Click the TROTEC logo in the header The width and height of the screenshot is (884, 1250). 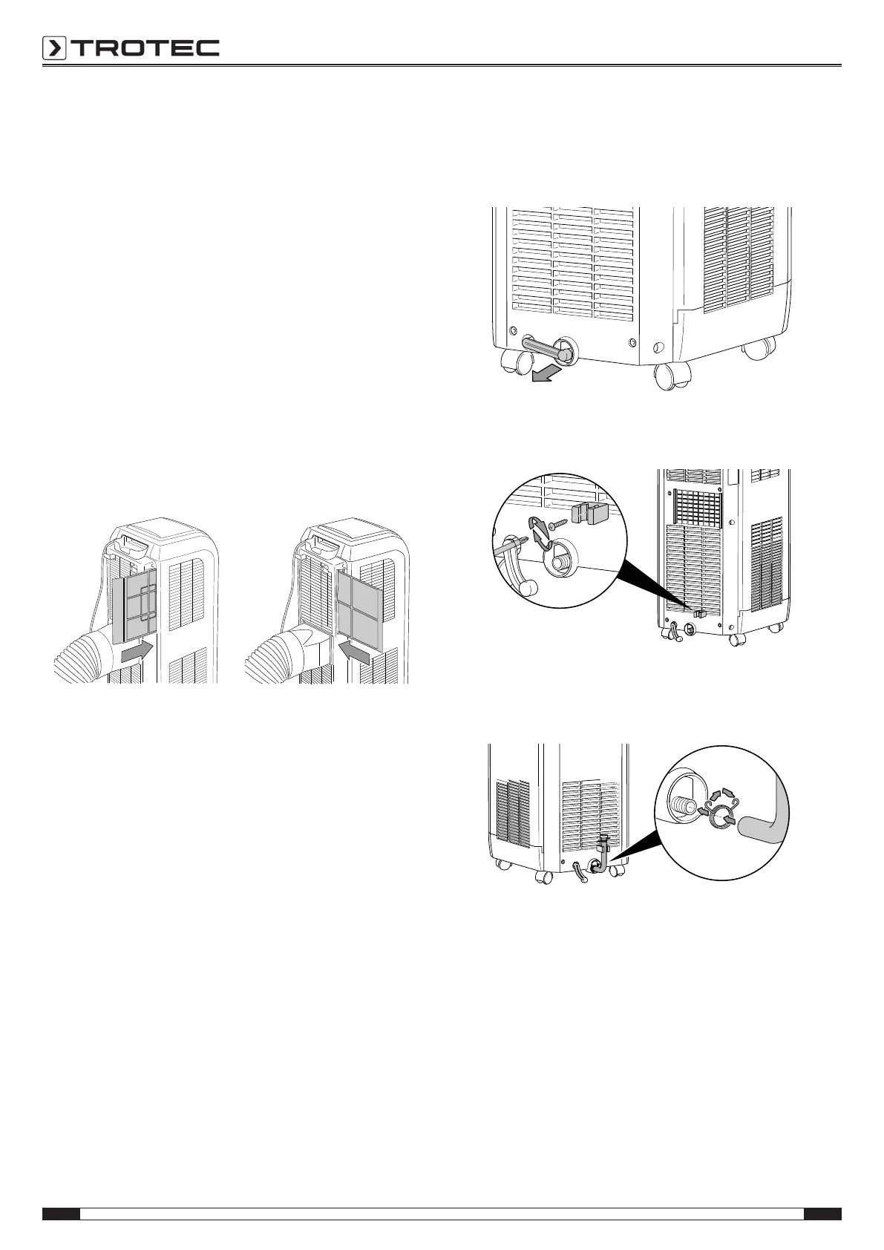[x=131, y=49]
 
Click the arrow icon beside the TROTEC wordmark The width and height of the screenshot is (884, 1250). [x=54, y=49]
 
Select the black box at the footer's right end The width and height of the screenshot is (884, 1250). [x=822, y=1214]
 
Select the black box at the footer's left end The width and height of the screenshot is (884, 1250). [x=61, y=1214]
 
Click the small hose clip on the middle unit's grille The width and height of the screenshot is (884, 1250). [x=698, y=612]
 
